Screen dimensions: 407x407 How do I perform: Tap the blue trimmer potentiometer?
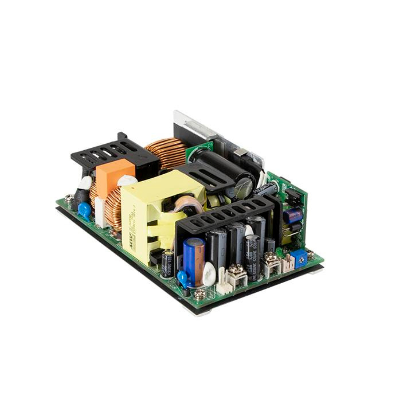(x=300, y=259)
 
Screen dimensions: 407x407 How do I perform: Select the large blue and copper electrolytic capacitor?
(x=194, y=261)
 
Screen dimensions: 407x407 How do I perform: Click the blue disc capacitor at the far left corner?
(x=84, y=209)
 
